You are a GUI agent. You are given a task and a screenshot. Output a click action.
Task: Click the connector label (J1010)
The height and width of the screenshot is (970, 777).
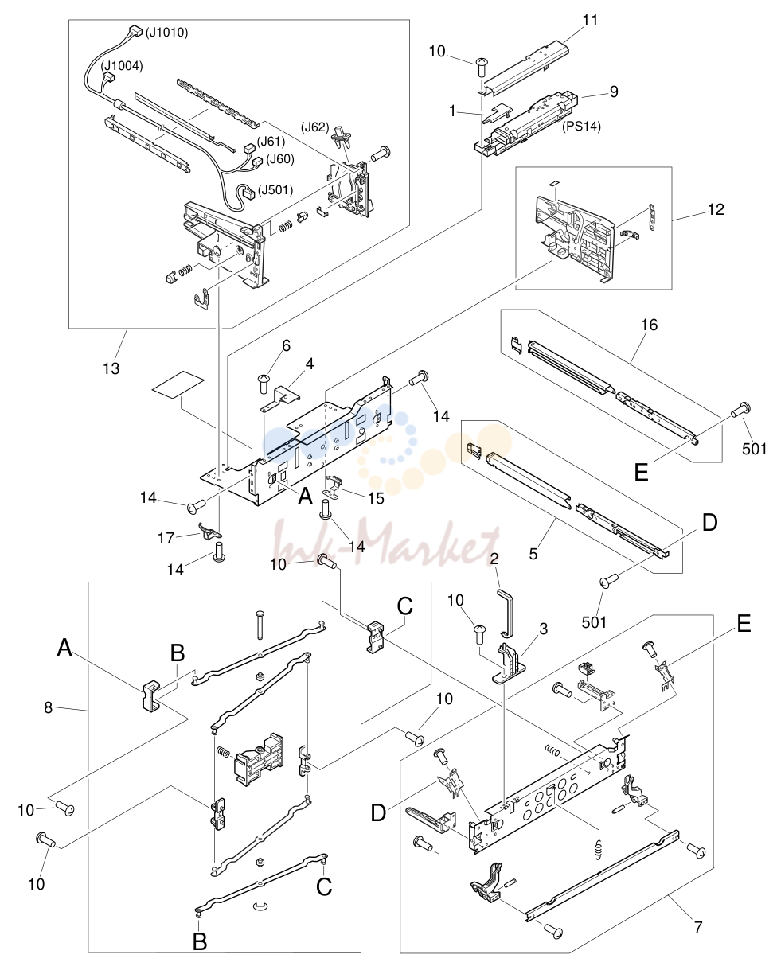point(166,33)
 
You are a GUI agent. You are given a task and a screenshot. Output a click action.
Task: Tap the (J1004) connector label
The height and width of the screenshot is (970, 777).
point(122,66)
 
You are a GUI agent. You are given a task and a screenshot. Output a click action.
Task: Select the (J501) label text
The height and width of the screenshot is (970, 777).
point(275,189)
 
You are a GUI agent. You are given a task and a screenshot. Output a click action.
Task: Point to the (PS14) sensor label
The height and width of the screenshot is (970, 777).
point(581,127)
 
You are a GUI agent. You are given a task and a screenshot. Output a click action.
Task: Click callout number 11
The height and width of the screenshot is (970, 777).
point(590,20)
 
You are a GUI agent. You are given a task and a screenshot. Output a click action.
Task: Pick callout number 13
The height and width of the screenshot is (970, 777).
point(111,368)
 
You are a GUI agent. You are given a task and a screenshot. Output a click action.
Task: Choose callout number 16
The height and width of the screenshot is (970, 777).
point(649,325)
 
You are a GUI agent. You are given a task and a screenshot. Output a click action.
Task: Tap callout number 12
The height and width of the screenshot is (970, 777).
point(716,209)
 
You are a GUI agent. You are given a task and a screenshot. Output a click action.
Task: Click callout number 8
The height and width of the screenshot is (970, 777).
point(49,707)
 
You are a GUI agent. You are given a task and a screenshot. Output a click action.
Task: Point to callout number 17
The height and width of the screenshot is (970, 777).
point(166,538)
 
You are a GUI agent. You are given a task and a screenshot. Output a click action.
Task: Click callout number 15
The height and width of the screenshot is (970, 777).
point(376,498)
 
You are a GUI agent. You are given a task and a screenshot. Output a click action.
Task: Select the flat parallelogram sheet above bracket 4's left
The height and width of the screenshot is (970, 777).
point(178,385)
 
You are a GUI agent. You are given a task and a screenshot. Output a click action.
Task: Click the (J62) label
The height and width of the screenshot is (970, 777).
point(315,127)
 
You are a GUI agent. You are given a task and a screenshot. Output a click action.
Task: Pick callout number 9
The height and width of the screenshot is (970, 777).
point(614,92)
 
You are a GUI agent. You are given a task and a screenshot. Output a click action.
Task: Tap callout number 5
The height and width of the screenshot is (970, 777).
point(533,554)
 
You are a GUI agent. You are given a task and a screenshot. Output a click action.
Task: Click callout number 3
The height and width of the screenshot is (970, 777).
point(544,629)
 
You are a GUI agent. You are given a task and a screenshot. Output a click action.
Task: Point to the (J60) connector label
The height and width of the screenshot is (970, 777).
point(279,159)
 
